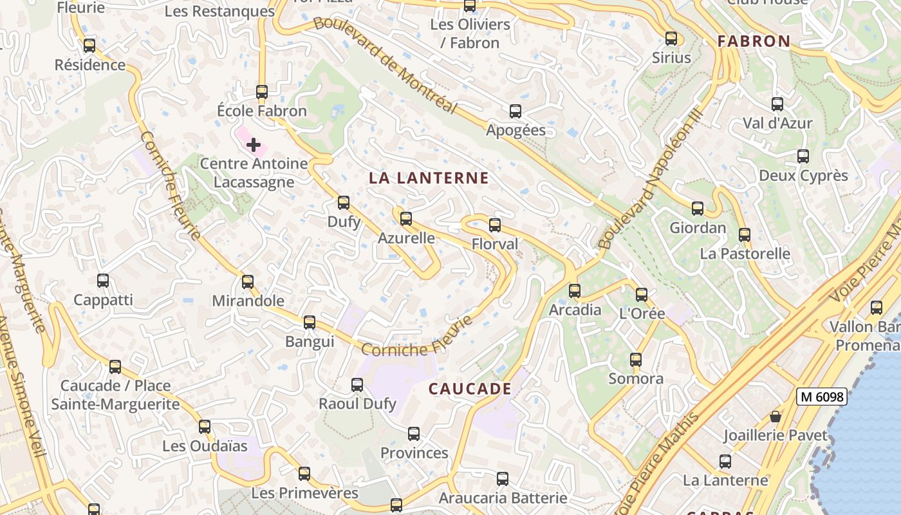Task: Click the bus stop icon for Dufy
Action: tap(344, 203)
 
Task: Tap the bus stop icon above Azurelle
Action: tap(406, 219)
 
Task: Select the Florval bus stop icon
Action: tap(495, 225)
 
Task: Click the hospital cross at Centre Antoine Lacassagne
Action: tap(254, 145)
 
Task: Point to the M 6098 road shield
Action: tap(821, 397)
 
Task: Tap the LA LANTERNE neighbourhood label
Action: tap(429, 178)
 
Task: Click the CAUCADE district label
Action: tap(470, 389)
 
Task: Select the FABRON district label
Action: tap(754, 41)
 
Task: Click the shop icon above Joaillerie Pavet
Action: tap(776, 417)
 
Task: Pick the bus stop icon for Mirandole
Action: tap(248, 282)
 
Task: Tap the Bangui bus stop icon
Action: tap(310, 323)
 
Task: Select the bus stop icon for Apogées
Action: tap(516, 111)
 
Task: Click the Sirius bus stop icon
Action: tap(671, 39)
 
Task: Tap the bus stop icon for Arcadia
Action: tap(575, 291)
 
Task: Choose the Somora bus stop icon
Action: tap(636, 360)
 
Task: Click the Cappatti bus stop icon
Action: tap(103, 281)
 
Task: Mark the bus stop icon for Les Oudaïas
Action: tap(205, 427)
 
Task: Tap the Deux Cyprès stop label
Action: tap(803, 176)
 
